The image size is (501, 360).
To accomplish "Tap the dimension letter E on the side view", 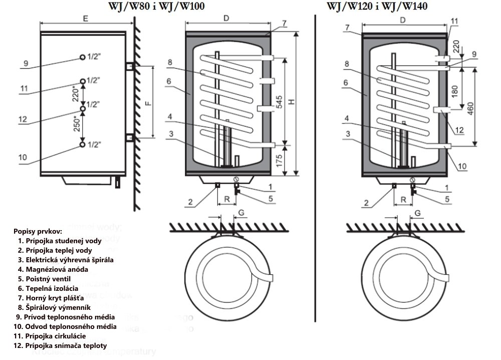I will click(x=86, y=19).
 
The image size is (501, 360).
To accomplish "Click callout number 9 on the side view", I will click(x=26, y=63).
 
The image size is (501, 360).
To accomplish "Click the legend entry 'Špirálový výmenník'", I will click(x=52, y=307).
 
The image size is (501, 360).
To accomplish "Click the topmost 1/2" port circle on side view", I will click(x=82, y=58).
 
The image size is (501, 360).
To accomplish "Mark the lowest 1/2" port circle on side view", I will click(x=82, y=145).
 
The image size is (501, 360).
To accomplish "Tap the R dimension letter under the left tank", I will click(x=227, y=199).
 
